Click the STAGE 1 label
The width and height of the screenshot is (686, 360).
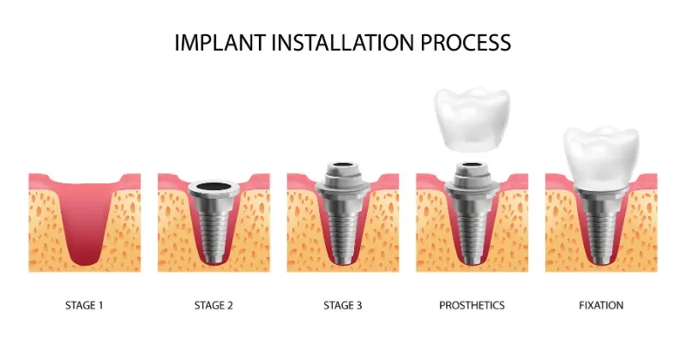84,305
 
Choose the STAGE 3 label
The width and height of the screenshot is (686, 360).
342,305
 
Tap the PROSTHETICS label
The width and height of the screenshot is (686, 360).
472,305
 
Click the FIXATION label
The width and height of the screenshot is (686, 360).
601,305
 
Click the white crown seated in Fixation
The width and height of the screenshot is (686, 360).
601,159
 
